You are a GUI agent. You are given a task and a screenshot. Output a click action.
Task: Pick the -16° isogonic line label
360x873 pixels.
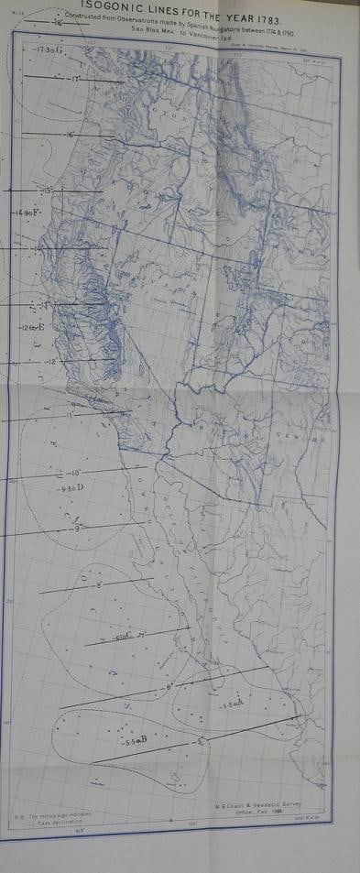pos(72,136)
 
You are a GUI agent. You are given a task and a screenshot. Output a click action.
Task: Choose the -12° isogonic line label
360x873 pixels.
pos(51,363)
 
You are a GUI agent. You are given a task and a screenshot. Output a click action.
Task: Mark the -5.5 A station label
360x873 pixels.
pos(233,704)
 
